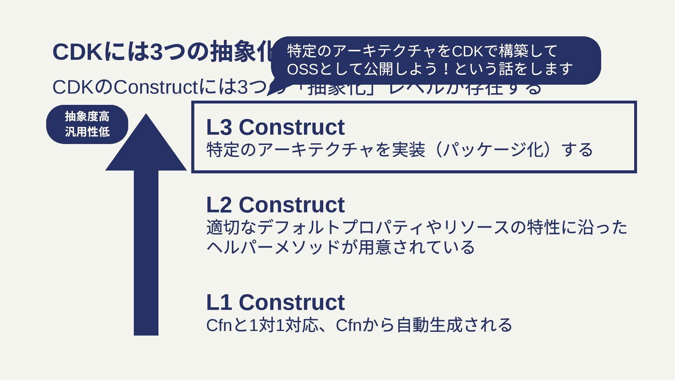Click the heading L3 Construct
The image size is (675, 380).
click(x=275, y=127)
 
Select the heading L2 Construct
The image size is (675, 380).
click(x=275, y=205)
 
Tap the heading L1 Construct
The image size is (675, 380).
click(x=275, y=302)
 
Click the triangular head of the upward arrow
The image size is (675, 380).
click(x=146, y=148)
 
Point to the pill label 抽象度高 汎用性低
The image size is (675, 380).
click(x=87, y=124)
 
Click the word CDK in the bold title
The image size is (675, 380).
click(x=78, y=52)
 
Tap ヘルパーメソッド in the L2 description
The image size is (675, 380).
click(x=273, y=247)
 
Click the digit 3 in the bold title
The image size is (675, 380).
click(x=156, y=52)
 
